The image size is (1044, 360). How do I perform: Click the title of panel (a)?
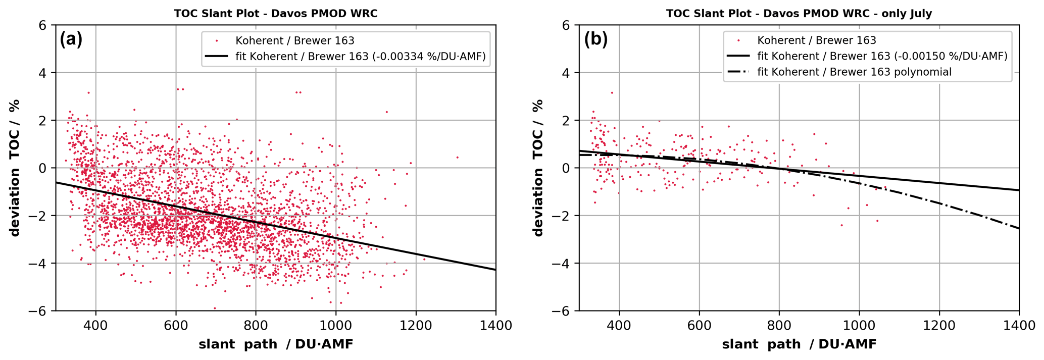(275, 14)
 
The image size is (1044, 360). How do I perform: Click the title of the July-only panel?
(799, 14)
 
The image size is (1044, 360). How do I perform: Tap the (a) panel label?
(71, 39)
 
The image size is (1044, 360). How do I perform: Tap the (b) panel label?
(595, 39)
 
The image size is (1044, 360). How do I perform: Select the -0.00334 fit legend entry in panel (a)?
(361, 57)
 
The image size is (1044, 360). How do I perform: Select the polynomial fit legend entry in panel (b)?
(854, 72)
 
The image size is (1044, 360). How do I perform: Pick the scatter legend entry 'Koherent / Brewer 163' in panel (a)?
(294, 40)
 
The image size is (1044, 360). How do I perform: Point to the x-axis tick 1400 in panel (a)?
(495, 325)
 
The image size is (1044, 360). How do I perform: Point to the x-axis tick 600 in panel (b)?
(699, 325)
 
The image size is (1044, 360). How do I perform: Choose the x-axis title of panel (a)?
(276, 344)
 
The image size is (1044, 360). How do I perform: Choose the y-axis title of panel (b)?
(538, 168)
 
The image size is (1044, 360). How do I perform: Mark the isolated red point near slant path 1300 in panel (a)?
(457, 157)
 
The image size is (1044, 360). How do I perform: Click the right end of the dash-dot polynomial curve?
(1018, 228)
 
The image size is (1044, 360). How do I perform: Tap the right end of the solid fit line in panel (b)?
(1018, 190)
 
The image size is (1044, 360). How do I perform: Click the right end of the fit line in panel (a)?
(495, 270)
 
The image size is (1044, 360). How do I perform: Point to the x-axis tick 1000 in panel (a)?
(336, 325)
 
